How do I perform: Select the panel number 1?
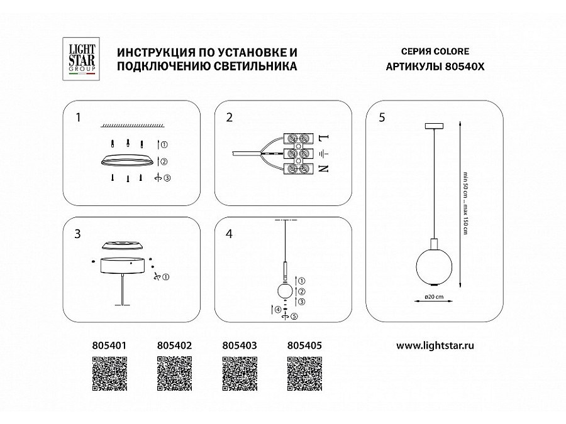pyautogui.click(x=77, y=117)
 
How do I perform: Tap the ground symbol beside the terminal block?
pyautogui.click(x=323, y=153)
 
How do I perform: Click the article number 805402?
pyautogui.click(x=173, y=345)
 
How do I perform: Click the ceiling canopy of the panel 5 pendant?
pyautogui.click(x=434, y=127)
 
